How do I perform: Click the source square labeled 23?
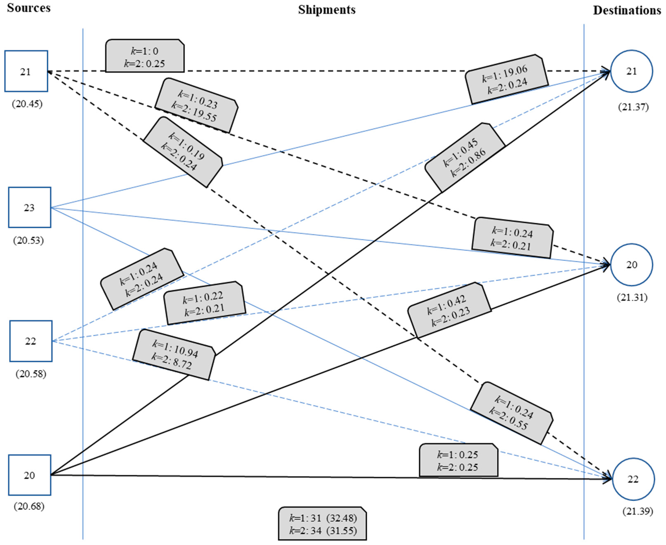pos(29,208)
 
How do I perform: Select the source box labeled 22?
pos(31,341)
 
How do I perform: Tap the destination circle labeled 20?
pos(632,265)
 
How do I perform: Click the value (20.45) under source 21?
pos(27,104)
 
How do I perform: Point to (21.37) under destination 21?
pos(633,107)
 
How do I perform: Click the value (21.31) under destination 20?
pos(632,297)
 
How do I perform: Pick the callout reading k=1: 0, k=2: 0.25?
pos(145,57)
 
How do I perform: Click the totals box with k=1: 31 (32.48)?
pos(323,524)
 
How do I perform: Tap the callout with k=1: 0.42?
pos(449,310)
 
